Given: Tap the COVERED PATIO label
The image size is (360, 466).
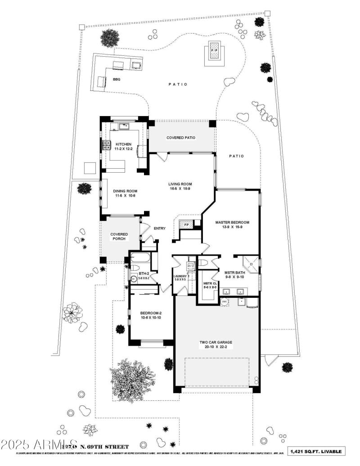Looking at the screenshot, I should pos(181,138).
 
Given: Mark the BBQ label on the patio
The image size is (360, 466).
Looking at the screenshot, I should pos(117,80).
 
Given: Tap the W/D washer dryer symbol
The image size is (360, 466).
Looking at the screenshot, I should pos(191,265).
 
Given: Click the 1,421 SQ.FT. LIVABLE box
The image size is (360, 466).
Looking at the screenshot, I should pos(317,451).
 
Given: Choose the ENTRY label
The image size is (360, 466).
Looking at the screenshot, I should pos(159,229).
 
